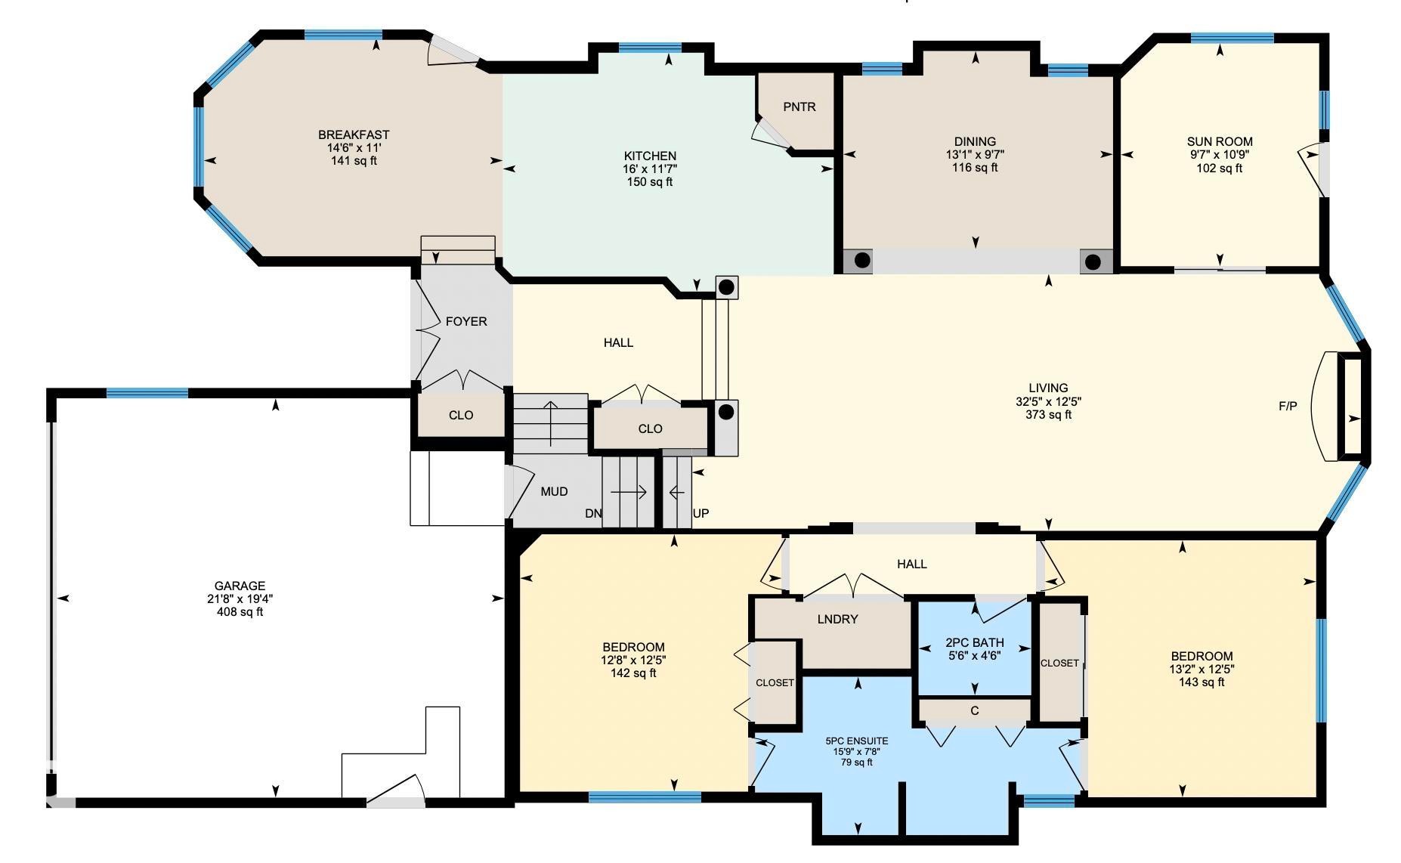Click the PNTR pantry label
(799, 107)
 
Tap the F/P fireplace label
(1288, 407)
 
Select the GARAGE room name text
(240, 586)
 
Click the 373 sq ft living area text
(1048, 415)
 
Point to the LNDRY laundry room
(837, 620)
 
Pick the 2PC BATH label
(974, 642)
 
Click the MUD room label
(554, 492)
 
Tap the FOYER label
(465, 322)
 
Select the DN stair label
(593, 514)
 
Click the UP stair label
(700, 514)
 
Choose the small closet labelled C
(974, 711)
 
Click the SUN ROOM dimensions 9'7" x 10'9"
(1219, 155)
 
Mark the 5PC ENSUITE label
(856, 741)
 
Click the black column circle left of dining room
(861, 261)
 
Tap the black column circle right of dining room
(1093, 262)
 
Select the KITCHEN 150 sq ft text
(649, 182)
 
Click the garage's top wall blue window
(147, 393)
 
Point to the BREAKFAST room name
(354, 135)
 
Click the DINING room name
(974, 141)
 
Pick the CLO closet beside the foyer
(460, 416)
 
